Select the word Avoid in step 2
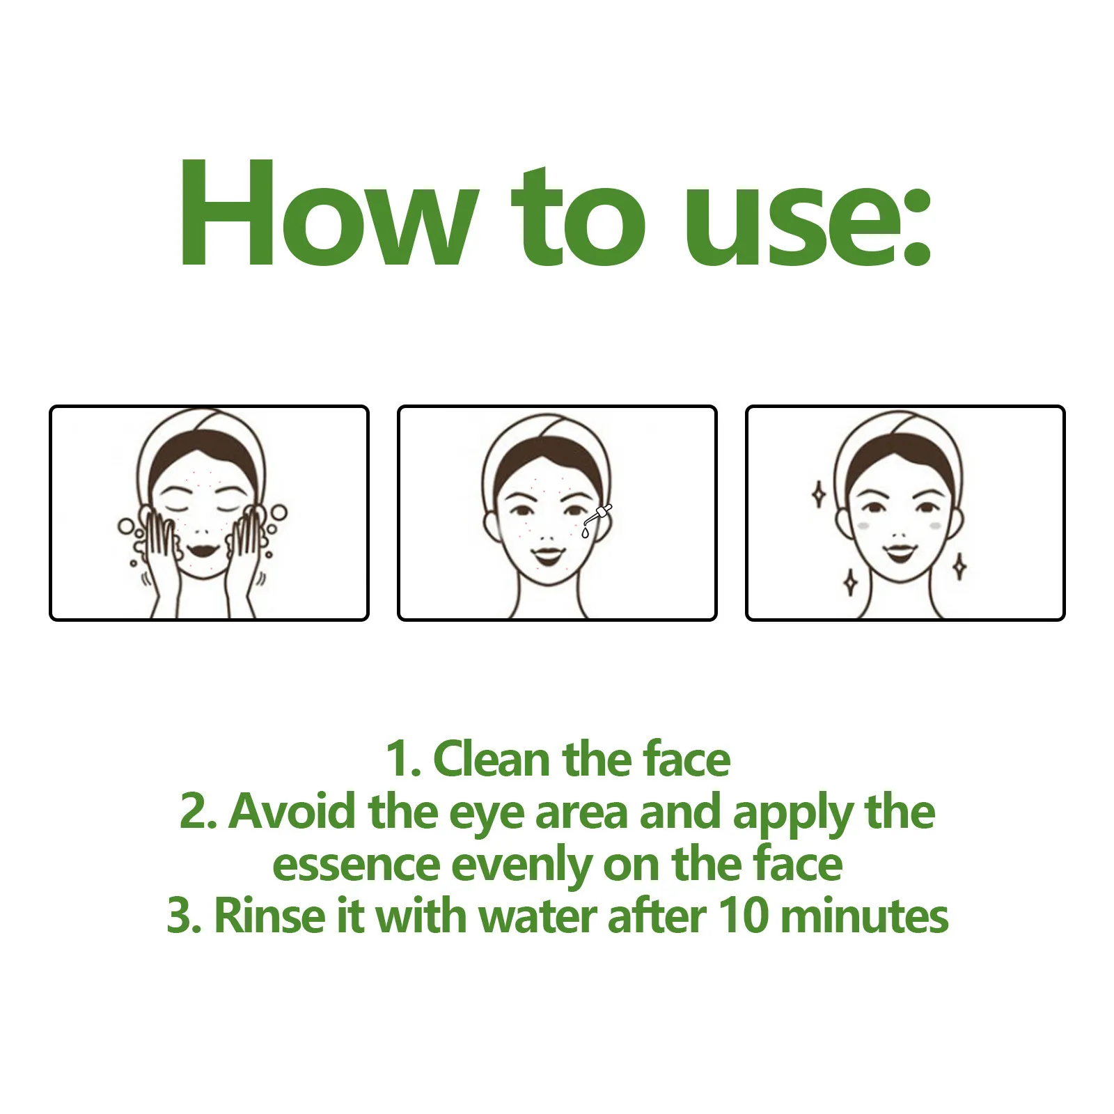[292, 812]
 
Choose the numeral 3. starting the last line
[185, 916]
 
